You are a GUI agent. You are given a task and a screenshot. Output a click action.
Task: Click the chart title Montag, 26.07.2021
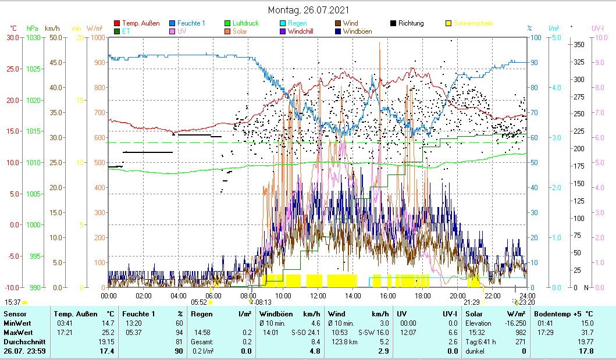coord(308,10)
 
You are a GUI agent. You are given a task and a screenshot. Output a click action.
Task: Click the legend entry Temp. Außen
coord(140,23)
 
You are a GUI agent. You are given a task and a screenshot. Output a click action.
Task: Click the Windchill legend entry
coord(304,31)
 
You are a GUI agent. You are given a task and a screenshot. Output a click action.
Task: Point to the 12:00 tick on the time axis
coord(318,295)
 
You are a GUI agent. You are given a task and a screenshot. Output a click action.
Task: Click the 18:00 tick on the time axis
coord(423,295)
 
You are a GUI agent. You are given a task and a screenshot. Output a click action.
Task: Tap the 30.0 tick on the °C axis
coord(12,38)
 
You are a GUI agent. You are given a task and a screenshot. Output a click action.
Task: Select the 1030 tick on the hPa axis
coord(34,38)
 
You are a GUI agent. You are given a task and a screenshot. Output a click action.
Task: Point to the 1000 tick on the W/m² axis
coord(98,38)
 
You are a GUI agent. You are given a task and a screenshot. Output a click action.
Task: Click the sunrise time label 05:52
coord(199,302)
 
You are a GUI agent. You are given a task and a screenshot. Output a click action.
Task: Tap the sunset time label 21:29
coord(471,302)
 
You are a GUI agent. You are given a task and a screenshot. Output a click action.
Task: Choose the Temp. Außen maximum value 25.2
coord(107,332)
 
